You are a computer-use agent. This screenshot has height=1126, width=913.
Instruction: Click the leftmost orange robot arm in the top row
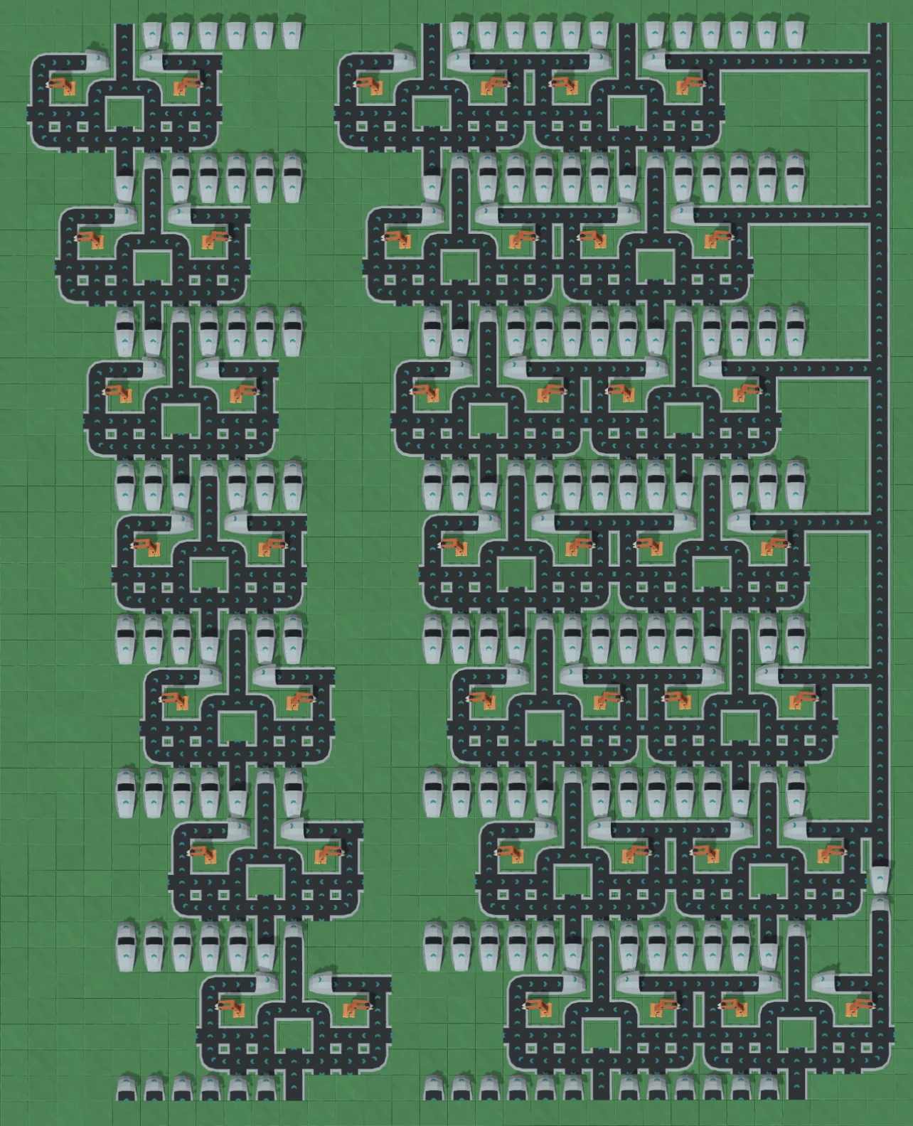click(62, 86)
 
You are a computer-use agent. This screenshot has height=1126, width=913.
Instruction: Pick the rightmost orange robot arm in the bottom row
click(858, 1007)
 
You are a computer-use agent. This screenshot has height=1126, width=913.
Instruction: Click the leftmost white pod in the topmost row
click(152, 34)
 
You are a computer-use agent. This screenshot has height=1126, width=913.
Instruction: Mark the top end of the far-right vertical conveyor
click(880, 28)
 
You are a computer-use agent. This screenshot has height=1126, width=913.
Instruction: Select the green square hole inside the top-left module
click(125, 112)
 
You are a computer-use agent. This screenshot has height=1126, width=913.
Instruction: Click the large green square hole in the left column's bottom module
click(292, 1035)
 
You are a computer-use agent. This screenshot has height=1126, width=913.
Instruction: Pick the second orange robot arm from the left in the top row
click(186, 86)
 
